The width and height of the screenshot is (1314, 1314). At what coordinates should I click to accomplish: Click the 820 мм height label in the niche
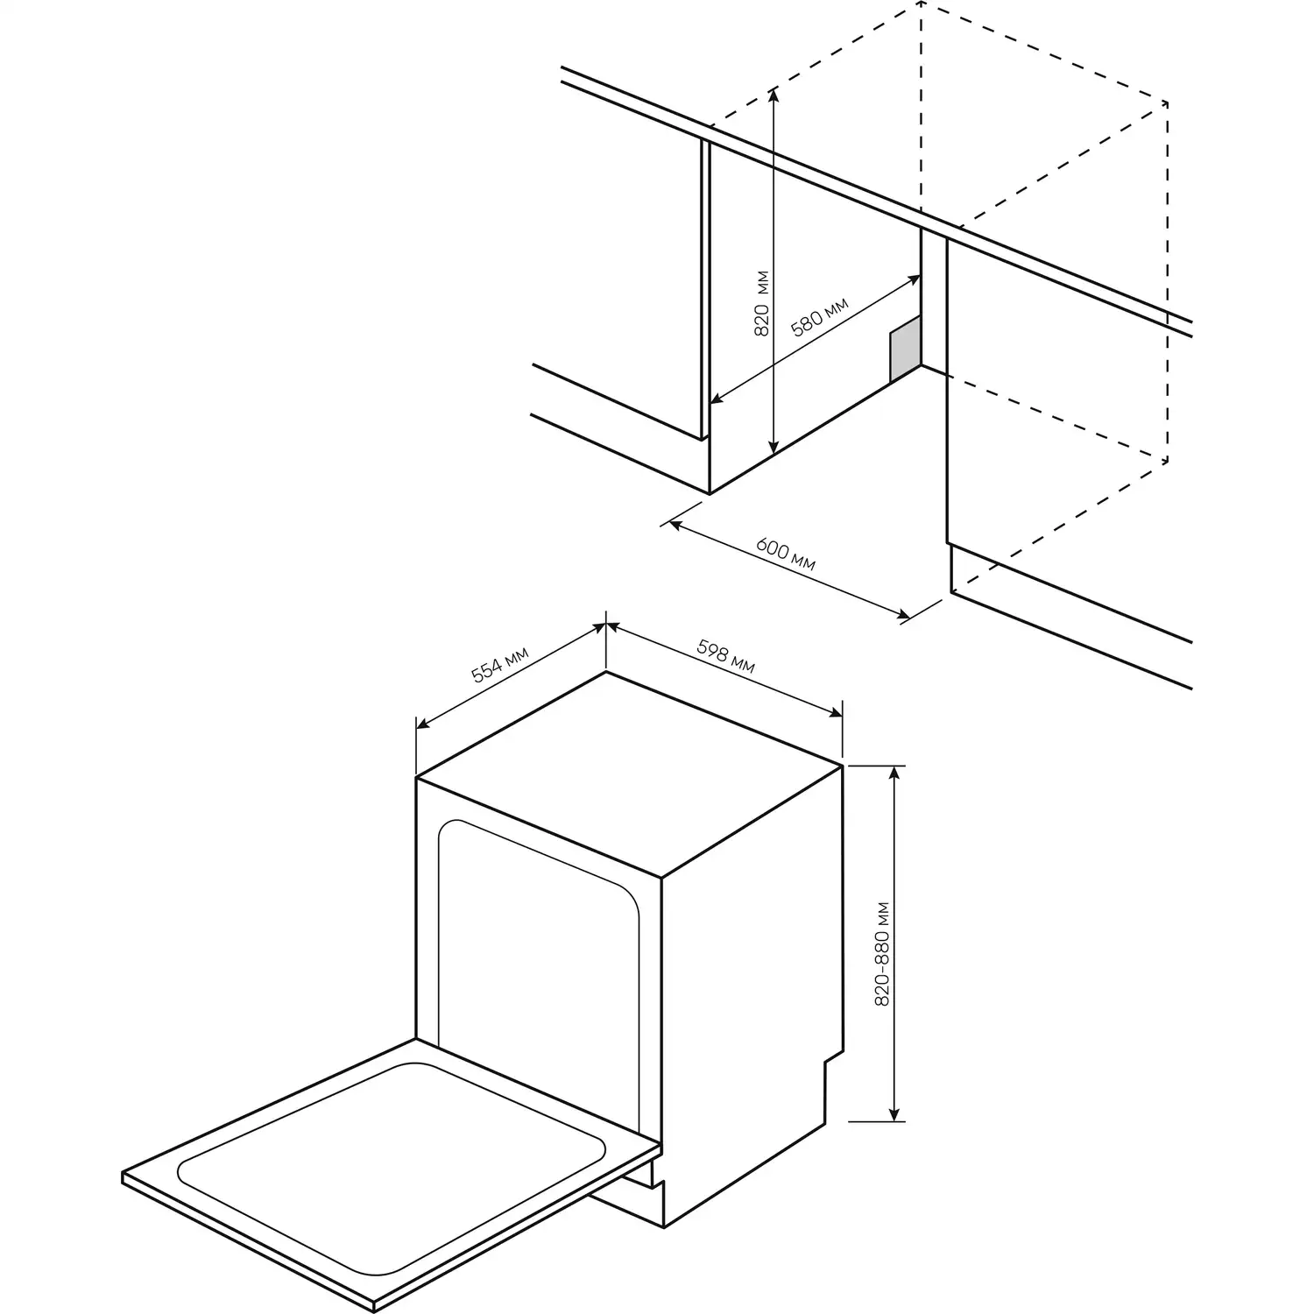point(761,302)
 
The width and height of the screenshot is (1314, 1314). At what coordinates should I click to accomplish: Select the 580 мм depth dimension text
point(820,317)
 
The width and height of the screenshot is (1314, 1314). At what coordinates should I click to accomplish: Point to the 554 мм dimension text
point(500,664)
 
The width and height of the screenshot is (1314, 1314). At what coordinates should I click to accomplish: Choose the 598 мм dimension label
point(725,656)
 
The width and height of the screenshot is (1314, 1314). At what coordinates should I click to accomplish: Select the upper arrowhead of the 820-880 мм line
point(894,772)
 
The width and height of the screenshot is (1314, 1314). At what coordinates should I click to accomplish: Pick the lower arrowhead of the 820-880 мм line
point(894,1113)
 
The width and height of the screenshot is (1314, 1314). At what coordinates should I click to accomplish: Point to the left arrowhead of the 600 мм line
point(675,525)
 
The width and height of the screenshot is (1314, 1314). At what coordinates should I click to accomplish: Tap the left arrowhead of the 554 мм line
point(422,724)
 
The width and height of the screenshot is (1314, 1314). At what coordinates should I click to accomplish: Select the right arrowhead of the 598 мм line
point(835,713)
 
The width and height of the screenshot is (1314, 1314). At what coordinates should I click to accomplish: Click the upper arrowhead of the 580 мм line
point(915,279)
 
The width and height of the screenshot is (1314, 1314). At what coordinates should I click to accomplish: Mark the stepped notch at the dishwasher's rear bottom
point(825,1086)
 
